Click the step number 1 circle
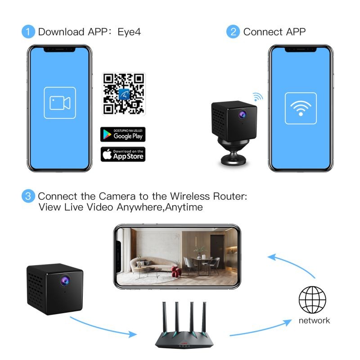coord(28,32)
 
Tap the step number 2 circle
coord(233,32)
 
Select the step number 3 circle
coord(28,197)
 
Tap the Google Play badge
coord(123,134)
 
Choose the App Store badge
coord(123,154)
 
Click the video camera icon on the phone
coord(60,103)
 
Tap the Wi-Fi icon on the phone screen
coord(301,108)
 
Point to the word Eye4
coord(129,32)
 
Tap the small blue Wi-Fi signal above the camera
coord(257,96)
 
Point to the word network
coord(314,320)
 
